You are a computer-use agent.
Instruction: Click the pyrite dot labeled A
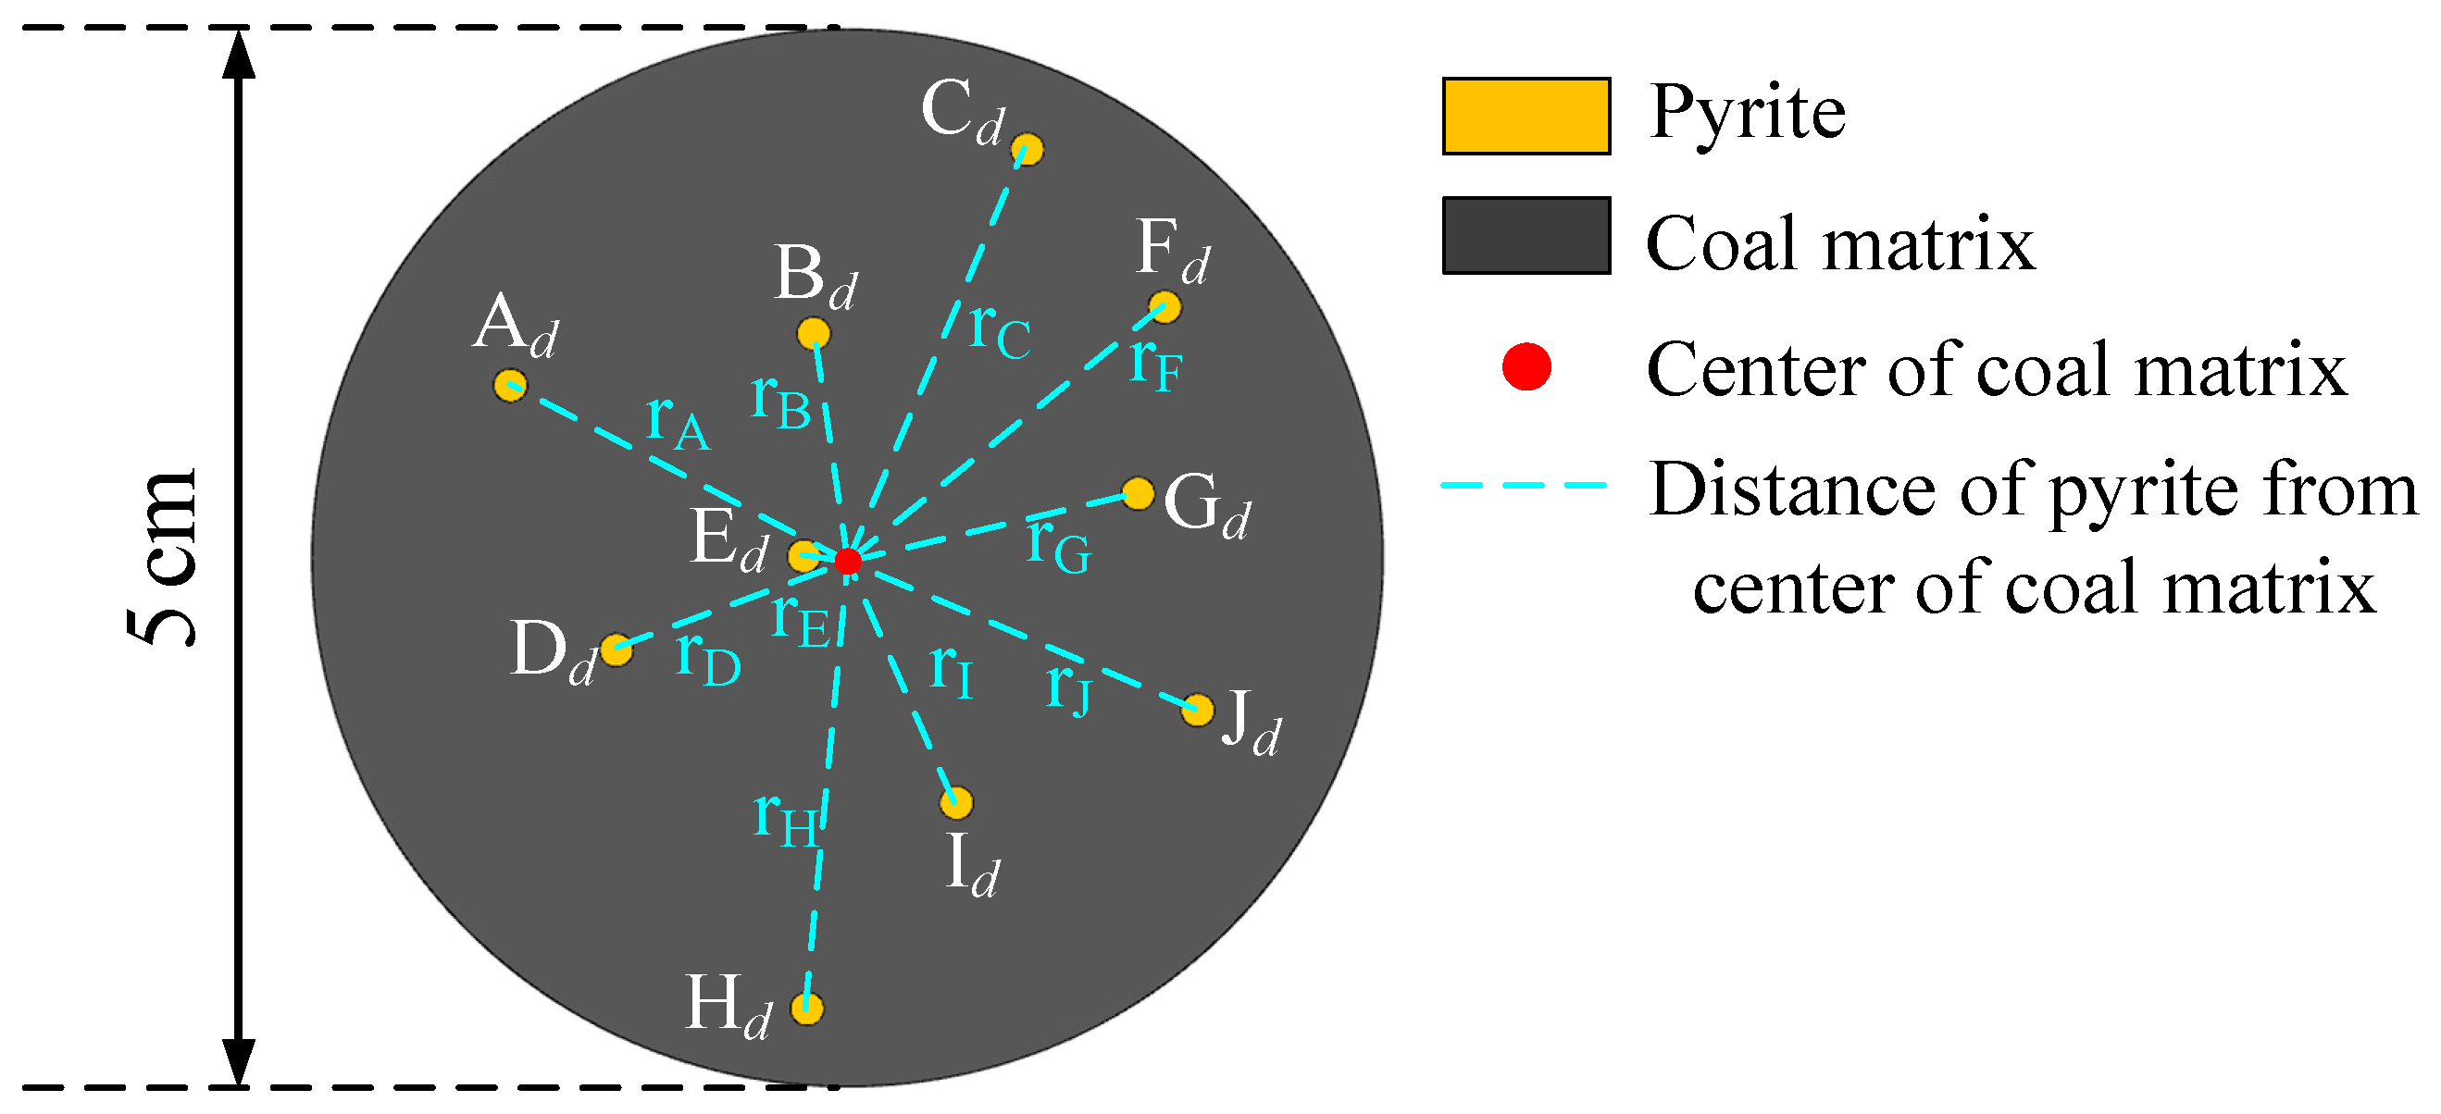[x=510, y=386]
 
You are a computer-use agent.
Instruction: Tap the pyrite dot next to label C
[x=1027, y=150]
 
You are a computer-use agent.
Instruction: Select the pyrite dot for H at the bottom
[x=806, y=1008]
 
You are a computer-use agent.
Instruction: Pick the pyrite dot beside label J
[x=1198, y=710]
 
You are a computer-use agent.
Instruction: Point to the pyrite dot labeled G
[x=1138, y=493]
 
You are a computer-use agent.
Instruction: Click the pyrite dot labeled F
[x=1164, y=307]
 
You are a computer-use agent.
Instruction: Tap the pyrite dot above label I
[x=956, y=803]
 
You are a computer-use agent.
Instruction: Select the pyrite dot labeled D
[x=616, y=650]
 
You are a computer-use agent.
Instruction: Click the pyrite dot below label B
[x=813, y=333]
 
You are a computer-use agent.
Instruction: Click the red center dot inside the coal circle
[x=847, y=561]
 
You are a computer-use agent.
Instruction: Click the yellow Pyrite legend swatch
[x=1526, y=116]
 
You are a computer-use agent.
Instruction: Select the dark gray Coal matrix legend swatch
[x=1526, y=235]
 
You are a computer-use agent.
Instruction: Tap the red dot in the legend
[x=1526, y=366]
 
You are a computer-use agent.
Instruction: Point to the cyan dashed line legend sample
[x=1524, y=485]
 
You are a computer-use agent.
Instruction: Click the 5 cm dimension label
[x=163, y=559]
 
